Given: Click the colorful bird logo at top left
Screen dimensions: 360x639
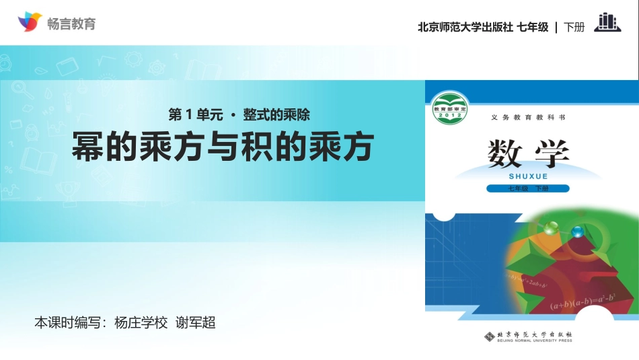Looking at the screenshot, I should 30,22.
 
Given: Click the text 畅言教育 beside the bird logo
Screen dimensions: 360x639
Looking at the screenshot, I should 72,24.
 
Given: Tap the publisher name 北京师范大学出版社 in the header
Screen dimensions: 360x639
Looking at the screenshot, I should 465,28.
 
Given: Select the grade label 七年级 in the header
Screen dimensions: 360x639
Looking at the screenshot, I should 533,28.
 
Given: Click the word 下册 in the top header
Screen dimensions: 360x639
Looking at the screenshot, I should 574,28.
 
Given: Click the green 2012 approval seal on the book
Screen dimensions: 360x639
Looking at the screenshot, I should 449,106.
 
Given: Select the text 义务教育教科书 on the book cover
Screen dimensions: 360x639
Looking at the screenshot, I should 528,117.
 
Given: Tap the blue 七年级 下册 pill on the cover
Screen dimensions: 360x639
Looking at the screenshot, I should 529,188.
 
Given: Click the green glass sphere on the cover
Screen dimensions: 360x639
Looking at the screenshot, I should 552,228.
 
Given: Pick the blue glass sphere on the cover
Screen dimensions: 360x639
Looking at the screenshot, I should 576,232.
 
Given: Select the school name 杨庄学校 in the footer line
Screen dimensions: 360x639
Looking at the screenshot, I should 141,322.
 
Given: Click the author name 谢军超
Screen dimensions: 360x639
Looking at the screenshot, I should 195,322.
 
